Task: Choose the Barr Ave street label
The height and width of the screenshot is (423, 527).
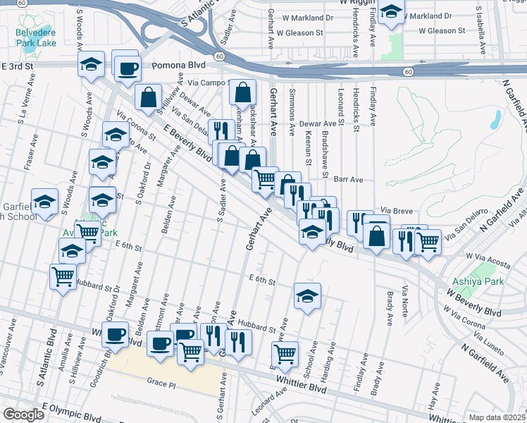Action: [348, 180]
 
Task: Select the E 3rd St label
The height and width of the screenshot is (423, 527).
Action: [18, 66]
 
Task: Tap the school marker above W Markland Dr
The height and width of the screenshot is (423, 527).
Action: [391, 11]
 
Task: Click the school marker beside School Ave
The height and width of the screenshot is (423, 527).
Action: [307, 296]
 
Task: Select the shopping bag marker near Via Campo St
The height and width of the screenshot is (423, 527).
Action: [242, 92]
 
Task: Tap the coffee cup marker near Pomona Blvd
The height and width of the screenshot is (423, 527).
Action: [128, 68]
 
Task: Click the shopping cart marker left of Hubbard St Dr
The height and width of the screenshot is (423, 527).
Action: [63, 276]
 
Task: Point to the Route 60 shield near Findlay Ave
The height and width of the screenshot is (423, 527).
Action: [408, 72]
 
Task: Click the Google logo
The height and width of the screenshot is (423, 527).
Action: [23, 415]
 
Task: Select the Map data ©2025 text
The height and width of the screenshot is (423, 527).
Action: [497, 417]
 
